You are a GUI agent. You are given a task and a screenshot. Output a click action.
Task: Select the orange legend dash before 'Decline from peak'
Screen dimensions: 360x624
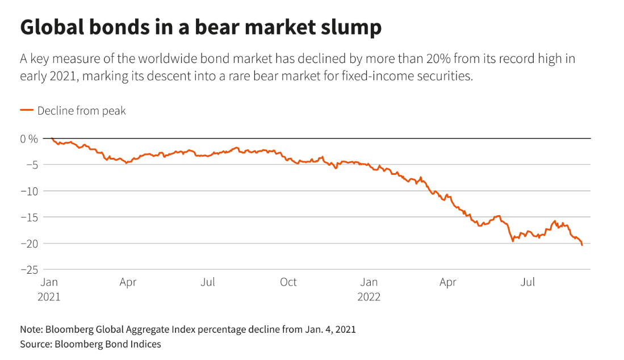point(27,111)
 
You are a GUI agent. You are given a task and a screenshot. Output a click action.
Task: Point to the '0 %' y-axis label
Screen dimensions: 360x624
point(29,139)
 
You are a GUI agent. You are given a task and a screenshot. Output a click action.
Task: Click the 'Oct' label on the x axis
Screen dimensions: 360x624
point(288,282)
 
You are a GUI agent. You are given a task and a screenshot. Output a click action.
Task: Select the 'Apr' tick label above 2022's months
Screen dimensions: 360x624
point(448,282)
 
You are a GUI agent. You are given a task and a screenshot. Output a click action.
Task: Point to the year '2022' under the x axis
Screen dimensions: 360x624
point(369,296)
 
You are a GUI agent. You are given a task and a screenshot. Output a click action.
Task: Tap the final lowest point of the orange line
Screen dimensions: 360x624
point(582,245)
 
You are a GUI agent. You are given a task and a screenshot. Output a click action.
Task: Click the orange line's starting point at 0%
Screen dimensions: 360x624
point(51,139)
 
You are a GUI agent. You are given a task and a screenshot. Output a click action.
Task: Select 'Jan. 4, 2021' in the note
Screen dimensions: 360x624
point(326,329)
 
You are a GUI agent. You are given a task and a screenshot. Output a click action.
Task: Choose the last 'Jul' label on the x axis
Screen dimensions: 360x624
point(529,282)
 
